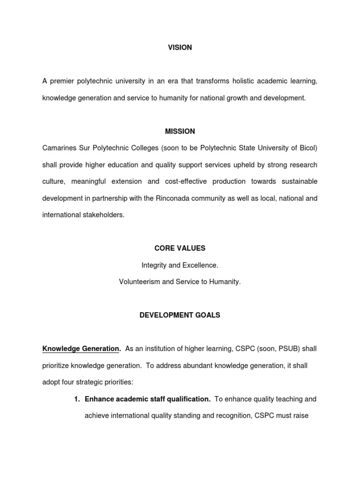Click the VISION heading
click(x=180, y=48)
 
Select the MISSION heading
click(x=180, y=131)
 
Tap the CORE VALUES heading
click(x=180, y=248)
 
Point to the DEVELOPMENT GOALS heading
click(x=180, y=315)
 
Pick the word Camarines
click(x=59, y=148)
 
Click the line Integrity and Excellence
click(x=180, y=265)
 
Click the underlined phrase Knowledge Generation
click(x=81, y=349)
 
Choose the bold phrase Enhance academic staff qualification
click(x=147, y=399)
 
